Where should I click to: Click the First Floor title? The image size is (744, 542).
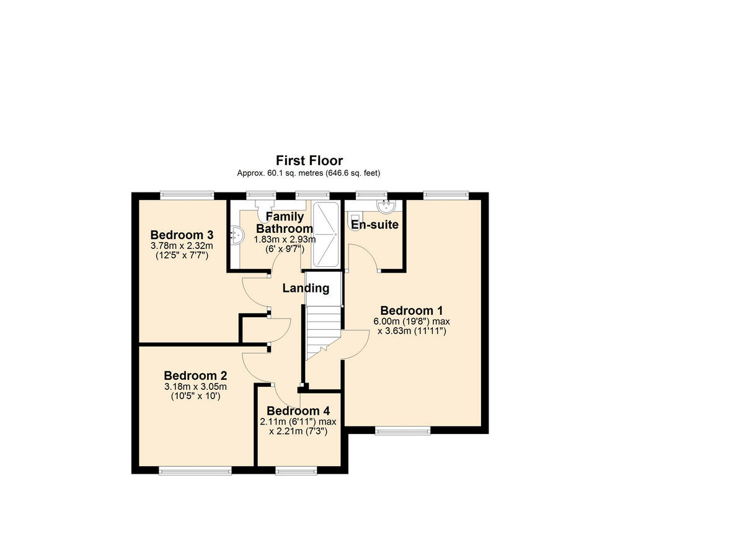[x=309, y=161]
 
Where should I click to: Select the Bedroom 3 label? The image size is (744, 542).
[x=182, y=235]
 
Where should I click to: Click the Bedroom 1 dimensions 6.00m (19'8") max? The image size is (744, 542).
[x=411, y=322]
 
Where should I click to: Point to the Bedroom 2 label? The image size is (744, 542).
[x=195, y=376]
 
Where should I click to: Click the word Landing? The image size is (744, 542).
[x=306, y=288]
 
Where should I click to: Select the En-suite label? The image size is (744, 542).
[x=374, y=225]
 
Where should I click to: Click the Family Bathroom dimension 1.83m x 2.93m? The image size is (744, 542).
[x=284, y=240]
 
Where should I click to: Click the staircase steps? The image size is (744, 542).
[x=324, y=329]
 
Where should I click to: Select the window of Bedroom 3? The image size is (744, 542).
[x=187, y=195]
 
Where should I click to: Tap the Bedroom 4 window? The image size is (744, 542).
[x=296, y=471]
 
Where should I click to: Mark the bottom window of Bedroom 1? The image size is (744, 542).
[x=402, y=430]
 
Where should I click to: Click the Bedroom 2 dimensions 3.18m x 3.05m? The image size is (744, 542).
[x=195, y=387]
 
